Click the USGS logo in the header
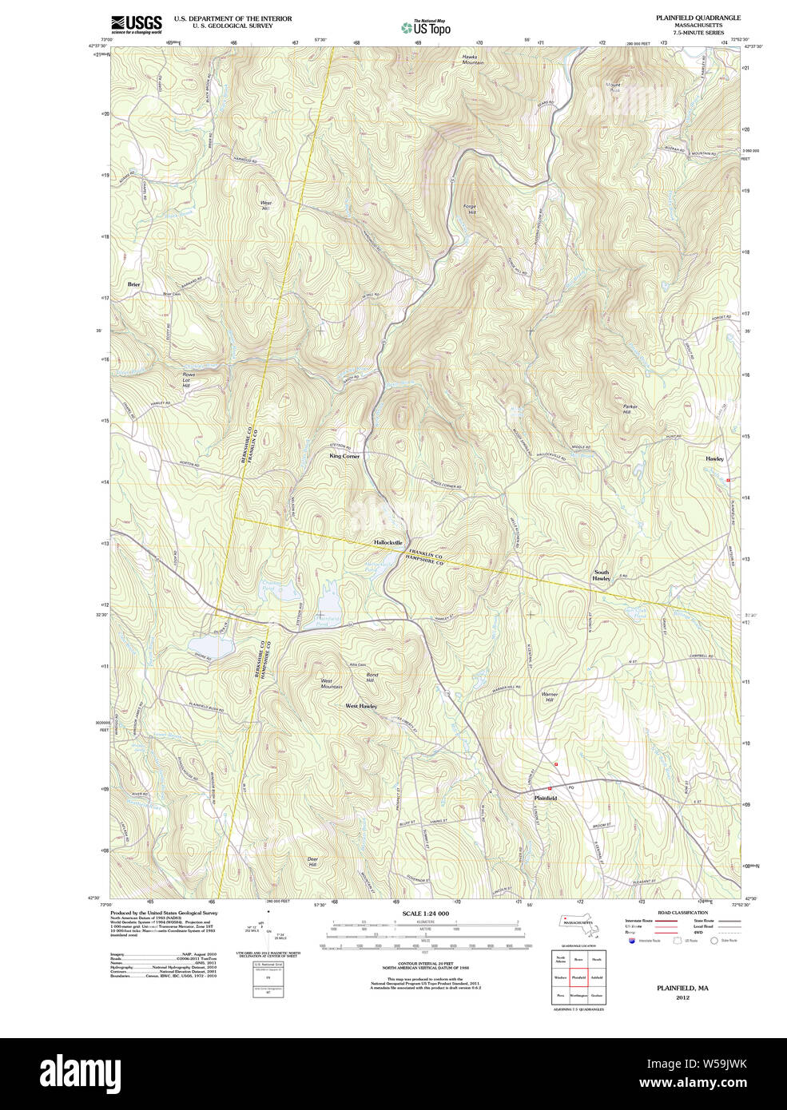pyautogui.click(x=136, y=24)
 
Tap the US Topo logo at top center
pyautogui.click(x=427, y=28)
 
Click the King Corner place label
pyautogui.click(x=344, y=456)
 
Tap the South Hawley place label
pyautogui.click(x=601, y=575)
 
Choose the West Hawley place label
pyautogui.click(x=361, y=706)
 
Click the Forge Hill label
pyautogui.click(x=470, y=210)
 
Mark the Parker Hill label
pyautogui.click(x=630, y=409)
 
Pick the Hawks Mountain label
pyautogui.click(x=473, y=58)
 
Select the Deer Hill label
pyautogui.click(x=312, y=862)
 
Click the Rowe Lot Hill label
pyautogui.click(x=188, y=380)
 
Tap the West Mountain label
pyautogui.click(x=331, y=684)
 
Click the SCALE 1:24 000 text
pyautogui.click(x=425, y=914)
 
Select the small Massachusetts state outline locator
pyautogui.click(x=578, y=923)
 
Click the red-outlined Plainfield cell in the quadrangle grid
pyautogui.click(x=578, y=977)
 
